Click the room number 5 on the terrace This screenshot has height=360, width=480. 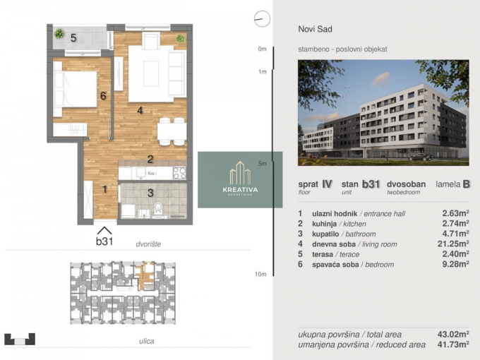point(73,38)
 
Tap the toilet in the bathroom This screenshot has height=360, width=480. point(158,210)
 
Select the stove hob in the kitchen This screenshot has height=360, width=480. point(179,173)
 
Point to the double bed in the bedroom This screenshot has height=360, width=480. point(76,89)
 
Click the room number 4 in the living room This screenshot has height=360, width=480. point(140,110)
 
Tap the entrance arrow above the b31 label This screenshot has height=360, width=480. point(104,230)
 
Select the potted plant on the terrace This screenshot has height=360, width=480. point(59,33)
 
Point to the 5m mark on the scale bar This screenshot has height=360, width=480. point(263,164)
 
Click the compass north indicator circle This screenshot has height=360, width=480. point(262,18)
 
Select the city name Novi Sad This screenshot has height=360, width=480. point(315,29)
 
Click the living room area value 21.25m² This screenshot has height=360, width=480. point(453,244)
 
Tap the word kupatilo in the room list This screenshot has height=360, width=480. point(325,234)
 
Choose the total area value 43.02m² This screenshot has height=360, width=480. point(453,334)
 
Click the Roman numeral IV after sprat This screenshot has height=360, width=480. point(327,184)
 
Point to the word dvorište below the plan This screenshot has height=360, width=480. point(148,244)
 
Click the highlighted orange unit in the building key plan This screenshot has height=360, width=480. point(145,276)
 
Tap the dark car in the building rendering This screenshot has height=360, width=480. point(421,157)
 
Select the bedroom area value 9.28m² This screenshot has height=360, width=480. point(455,264)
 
